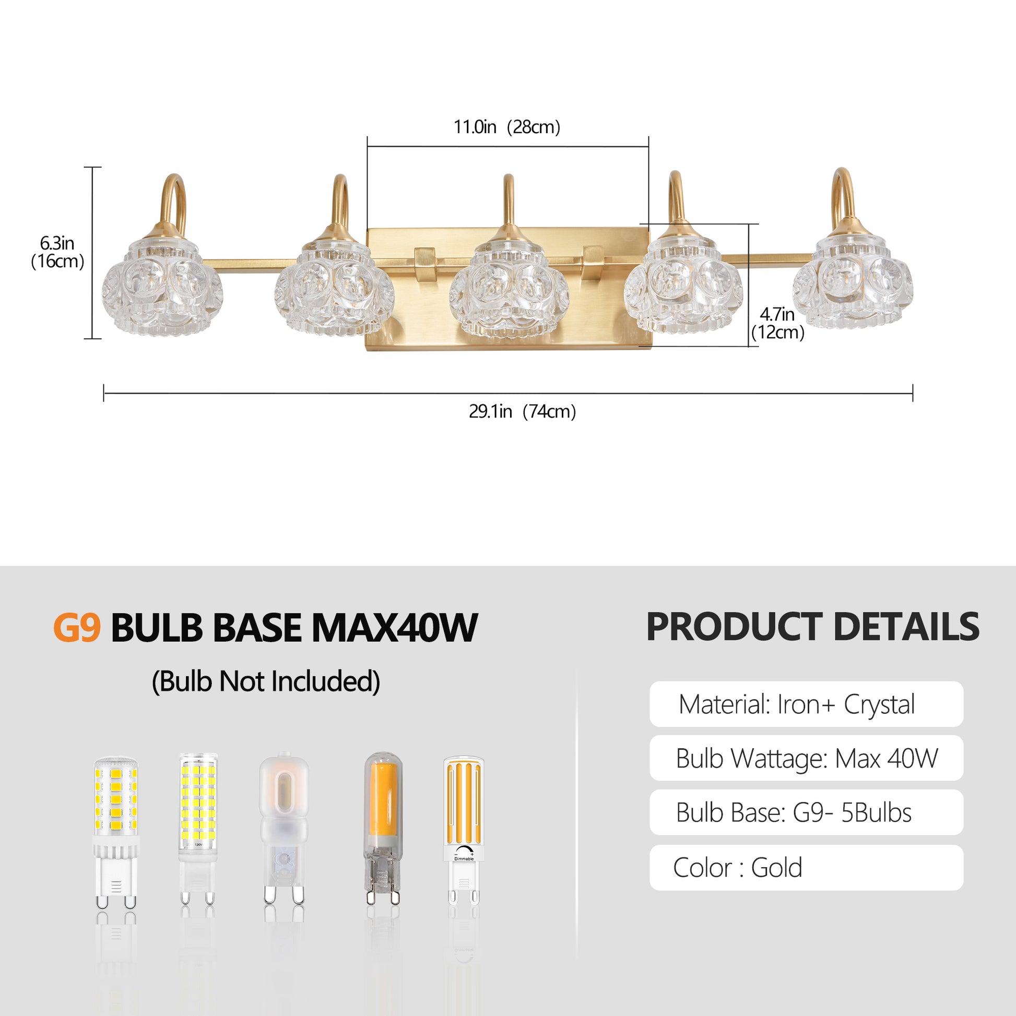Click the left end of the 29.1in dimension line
point(104,393)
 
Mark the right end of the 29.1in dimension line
point(913,393)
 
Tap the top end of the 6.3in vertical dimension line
point(93,167)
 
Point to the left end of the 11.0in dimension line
point(368,147)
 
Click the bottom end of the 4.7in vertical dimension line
point(748,347)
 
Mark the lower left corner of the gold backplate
point(366,351)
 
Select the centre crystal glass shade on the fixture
point(509,288)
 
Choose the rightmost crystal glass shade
point(853,286)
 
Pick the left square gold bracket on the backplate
point(424,264)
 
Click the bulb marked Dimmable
point(463,827)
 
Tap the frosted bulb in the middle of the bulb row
point(284,828)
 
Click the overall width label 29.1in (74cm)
point(522,411)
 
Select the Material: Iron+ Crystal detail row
point(806,704)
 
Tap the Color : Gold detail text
point(737,868)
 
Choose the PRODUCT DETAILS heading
point(812,627)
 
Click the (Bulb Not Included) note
point(266,681)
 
